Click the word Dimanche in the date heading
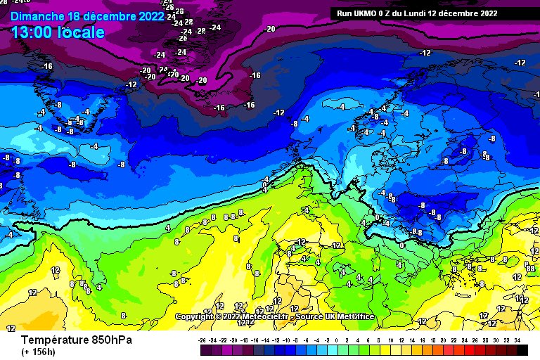(38, 15)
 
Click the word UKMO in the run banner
(372, 13)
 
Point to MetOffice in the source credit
(352, 317)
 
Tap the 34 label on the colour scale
(517, 339)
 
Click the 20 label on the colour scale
(444, 339)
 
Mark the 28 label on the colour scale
(485, 339)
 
